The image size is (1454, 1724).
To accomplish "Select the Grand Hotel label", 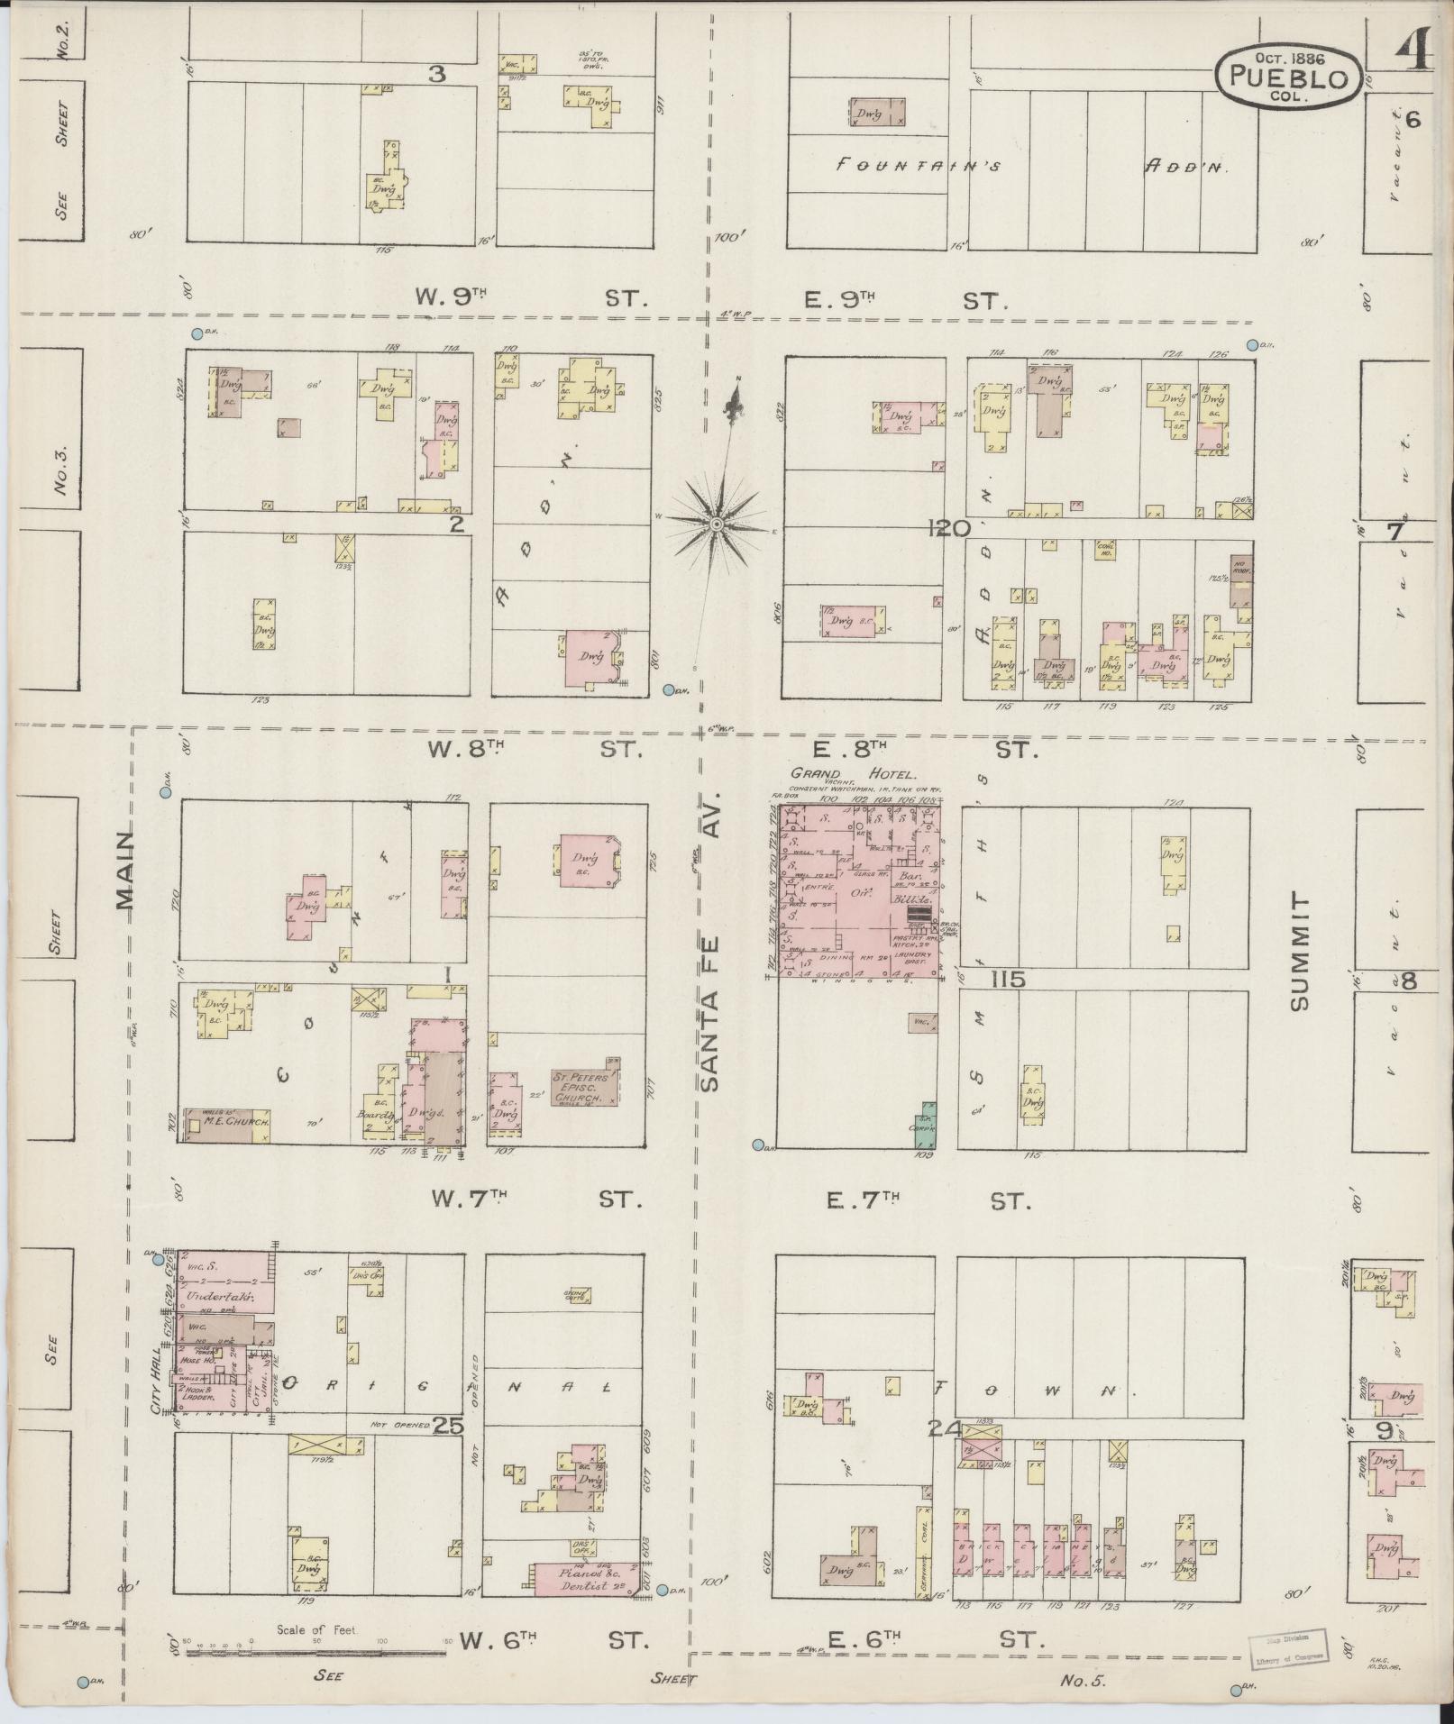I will (853, 773).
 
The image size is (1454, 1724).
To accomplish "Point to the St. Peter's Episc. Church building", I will (585, 1087).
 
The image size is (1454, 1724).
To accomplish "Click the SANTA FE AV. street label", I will (712, 942).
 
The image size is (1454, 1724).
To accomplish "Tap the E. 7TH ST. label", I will (929, 1200).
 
